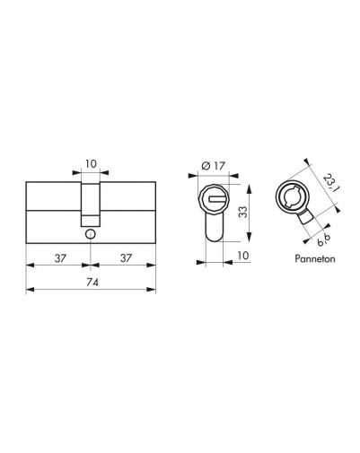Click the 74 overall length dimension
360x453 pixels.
pos(92,282)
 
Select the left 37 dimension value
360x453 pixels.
pos(60,258)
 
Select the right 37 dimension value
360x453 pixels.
pos(126,258)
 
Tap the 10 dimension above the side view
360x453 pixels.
pos(91,164)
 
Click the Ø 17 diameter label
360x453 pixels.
pos(214,165)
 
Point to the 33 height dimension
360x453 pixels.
pos(244,212)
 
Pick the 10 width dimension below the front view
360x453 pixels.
pos(243,256)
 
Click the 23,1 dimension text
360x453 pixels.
pos(329,184)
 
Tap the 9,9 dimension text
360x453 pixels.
pos(324,240)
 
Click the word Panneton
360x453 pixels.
pos(315,258)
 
